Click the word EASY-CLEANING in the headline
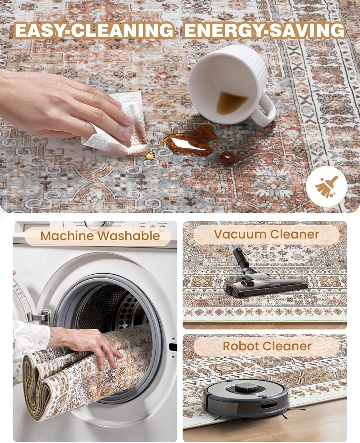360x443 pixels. point(94,30)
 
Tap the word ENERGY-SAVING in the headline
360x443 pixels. point(264,30)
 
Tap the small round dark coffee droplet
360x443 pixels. point(228,157)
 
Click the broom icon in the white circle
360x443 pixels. point(326,186)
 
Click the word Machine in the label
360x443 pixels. point(67,236)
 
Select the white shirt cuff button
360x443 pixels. point(41,342)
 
